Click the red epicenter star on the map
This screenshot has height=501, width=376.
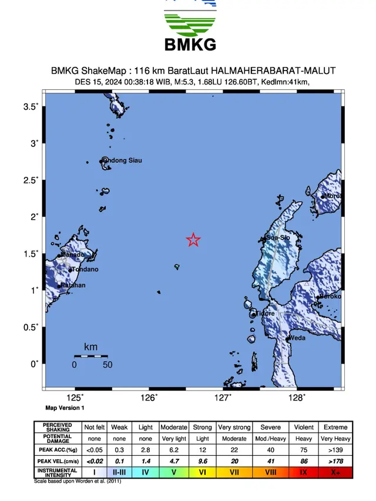pyautogui.click(x=193, y=240)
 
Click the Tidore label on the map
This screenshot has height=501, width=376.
pyautogui.click(x=265, y=314)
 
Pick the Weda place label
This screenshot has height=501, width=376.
pyautogui.click(x=298, y=338)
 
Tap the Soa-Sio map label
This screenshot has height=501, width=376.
pyautogui.click(x=278, y=238)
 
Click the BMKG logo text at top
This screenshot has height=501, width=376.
pyautogui.click(x=190, y=44)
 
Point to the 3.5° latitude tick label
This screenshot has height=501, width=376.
pyautogui.click(x=31, y=106)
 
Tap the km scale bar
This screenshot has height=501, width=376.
pyautogui.click(x=90, y=356)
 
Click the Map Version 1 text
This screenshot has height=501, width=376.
pyautogui.click(x=65, y=408)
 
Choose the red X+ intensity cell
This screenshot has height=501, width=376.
pyautogui.click(x=335, y=472)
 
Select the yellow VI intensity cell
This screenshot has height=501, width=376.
pyautogui.click(x=202, y=472)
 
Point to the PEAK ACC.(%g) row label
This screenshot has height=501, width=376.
pyautogui.click(x=58, y=449)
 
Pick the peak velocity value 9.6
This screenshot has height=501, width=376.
pyautogui.click(x=202, y=460)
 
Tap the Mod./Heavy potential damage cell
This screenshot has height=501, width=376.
pyautogui.click(x=270, y=438)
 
